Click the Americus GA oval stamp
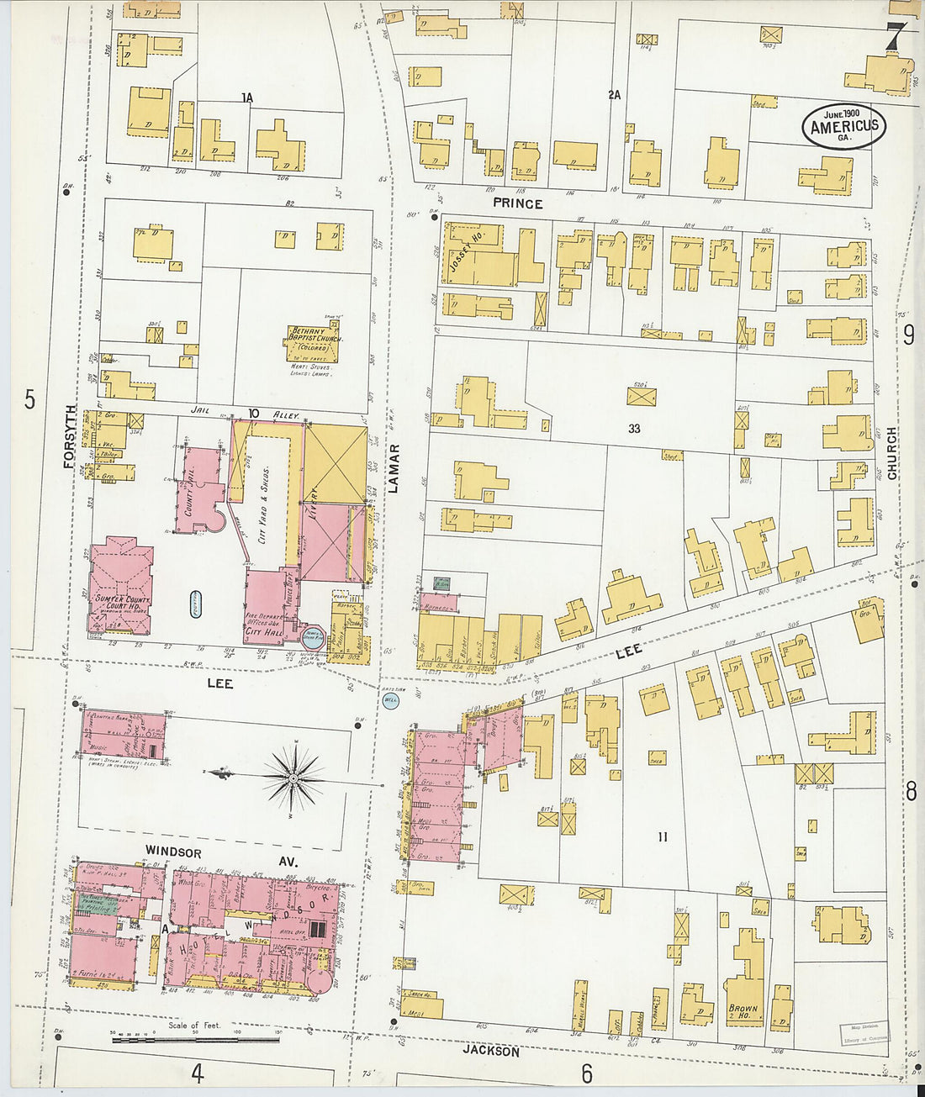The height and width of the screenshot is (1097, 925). pos(843,126)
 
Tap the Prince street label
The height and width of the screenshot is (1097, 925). pos(517,203)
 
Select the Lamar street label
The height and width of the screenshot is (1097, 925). pos(394,468)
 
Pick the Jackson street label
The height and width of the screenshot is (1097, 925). pos(490,1052)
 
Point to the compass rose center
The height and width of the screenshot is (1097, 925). pos(292,778)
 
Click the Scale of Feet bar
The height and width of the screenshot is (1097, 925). pos(195,1040)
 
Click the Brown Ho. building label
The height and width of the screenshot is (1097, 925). pos(743,1011)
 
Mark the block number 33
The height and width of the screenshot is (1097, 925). pos(633,429)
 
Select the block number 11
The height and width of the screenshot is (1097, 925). pos(663,836)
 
